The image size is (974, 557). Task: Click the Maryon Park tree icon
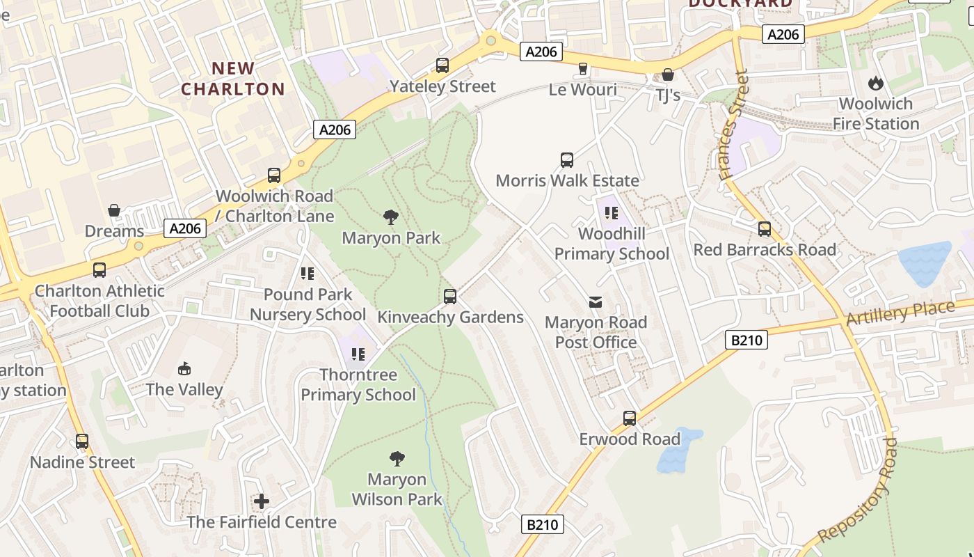[x=391, y=217]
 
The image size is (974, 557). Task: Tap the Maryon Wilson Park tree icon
[x=397, y=458]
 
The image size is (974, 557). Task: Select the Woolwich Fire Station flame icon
[x=875, y=83]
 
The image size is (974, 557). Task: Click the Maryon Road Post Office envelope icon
[x=596, y=301]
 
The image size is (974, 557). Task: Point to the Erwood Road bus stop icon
[x=630, y=418]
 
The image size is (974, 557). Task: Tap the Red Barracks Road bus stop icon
[x=765, y=228]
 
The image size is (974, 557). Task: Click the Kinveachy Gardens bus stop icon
[x=450, y=297]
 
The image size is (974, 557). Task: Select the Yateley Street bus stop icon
[x=442, y=66]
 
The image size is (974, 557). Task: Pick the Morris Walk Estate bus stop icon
[x=567, y=160]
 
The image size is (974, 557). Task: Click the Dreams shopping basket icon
[x=114, y=210]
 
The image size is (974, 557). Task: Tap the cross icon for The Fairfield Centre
[x=262, y=501]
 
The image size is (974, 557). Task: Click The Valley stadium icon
[x=184, y=368]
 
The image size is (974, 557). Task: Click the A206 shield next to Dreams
[x=186, y=228]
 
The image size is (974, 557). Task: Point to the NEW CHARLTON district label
[x=233, y=79]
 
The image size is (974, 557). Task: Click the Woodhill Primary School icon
[x=612, y=212]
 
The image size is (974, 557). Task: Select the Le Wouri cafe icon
[x=583, y=68]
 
